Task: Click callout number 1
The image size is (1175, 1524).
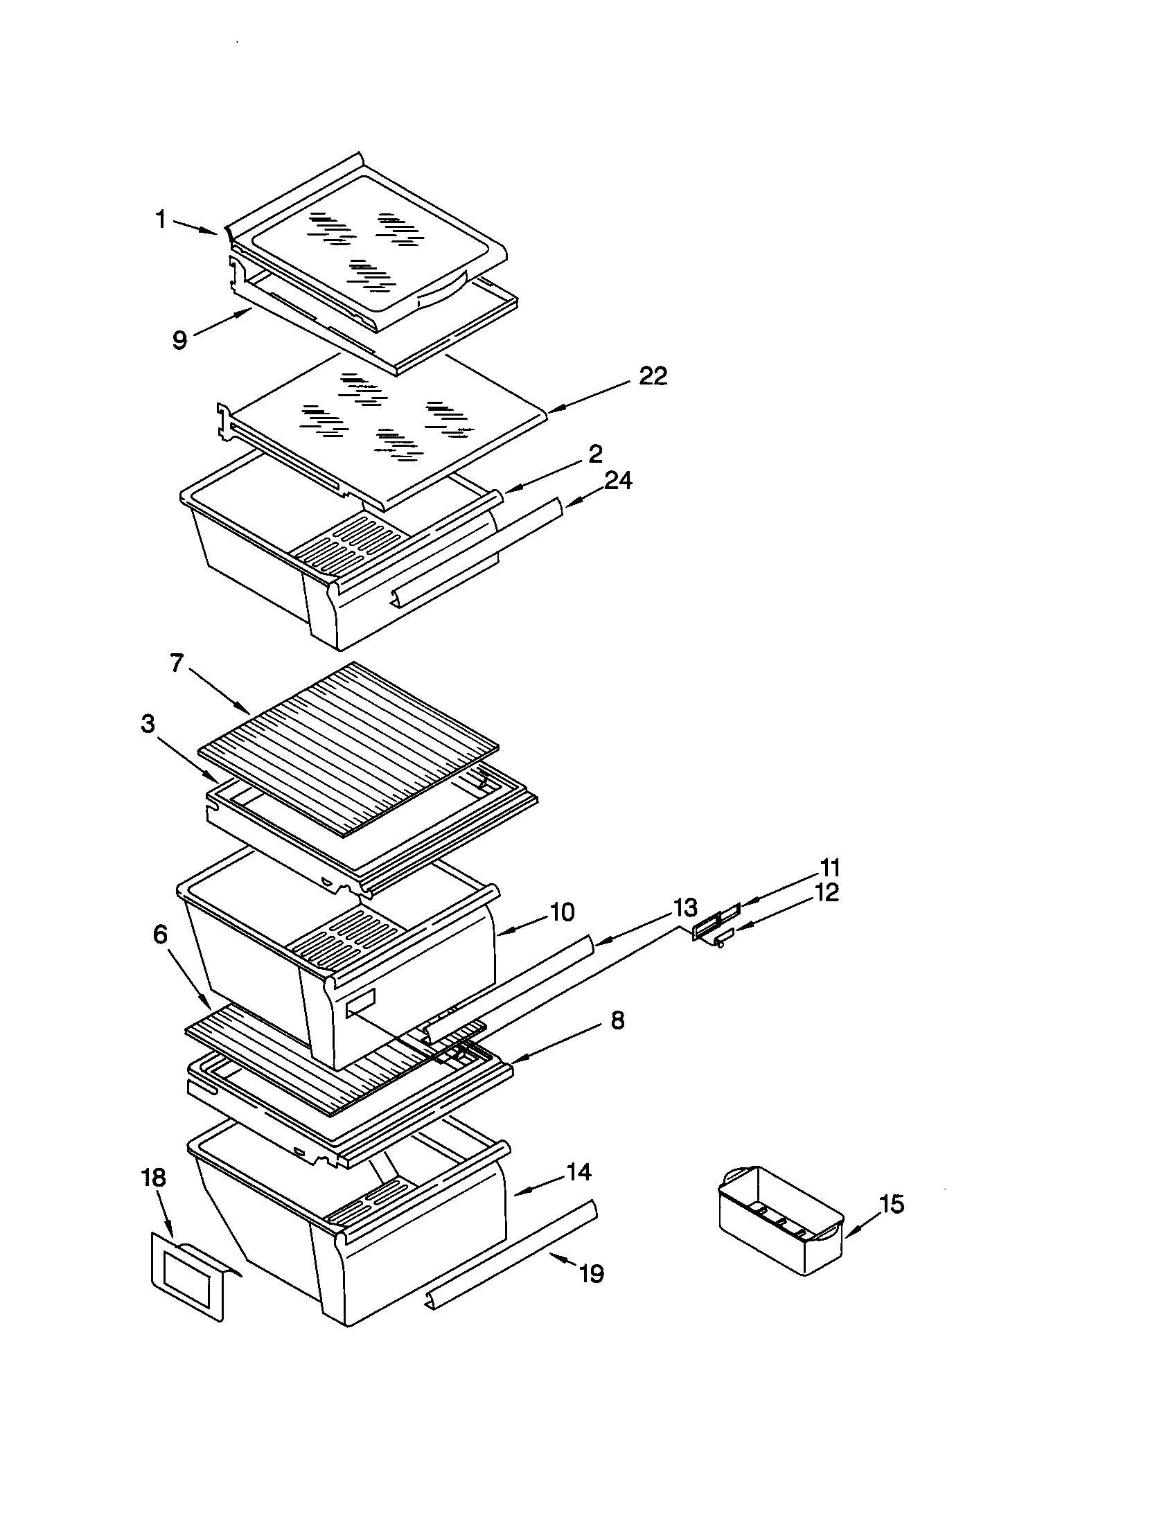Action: [x=161, y=220]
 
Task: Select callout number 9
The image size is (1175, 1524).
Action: [x=179, y=340]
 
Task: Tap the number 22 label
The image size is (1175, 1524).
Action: [x=653, y=376]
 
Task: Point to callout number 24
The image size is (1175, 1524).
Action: [x=617, y=481]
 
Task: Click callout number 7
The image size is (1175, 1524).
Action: [x=177, y=663]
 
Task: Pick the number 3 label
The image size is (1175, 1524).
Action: [x=148, y=725]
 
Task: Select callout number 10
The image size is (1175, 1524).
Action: [x=562, y=912]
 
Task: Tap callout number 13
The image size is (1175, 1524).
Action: [x=684, y=908]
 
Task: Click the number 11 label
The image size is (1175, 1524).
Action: [x=829, y=868]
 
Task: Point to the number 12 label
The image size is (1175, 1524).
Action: [x=827, y=892]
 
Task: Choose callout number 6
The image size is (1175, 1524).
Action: [x=161, y=934]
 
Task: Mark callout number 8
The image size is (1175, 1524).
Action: [x=617, y=1021]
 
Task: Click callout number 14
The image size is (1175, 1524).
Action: [x=578, y=1172]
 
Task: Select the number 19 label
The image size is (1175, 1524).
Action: [x=591, y=1274]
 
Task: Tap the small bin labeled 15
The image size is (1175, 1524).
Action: [x=780, y=1223]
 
